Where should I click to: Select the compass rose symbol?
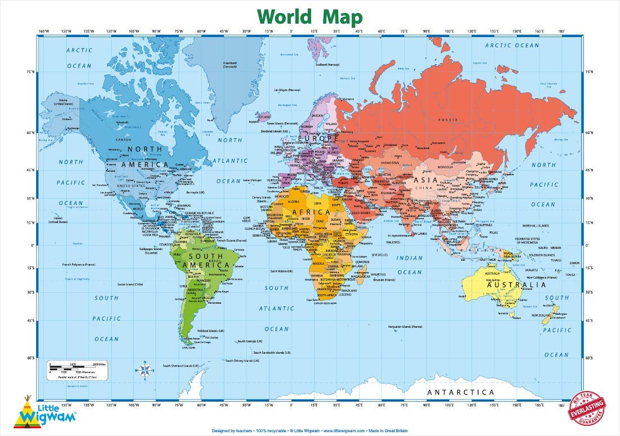(x=144, y=370)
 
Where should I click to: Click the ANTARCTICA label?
(x=460, y=392)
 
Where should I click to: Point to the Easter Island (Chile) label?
(x=131, y=284)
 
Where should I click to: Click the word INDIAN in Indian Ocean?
(x=409, y=258)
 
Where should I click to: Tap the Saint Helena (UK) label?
(x=282, y=271)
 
